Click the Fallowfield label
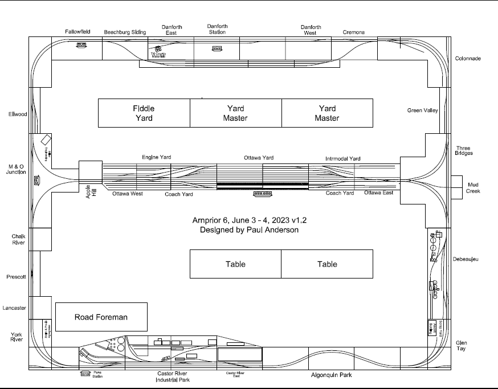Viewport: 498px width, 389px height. (77, 32)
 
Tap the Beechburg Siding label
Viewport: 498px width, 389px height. (125, 32)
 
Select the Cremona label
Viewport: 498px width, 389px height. (354, 32)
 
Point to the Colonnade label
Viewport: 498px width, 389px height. (468, 59)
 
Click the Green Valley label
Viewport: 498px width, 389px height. (422, 110)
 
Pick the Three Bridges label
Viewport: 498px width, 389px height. (464, 151)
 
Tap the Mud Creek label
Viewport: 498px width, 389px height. (473, 188)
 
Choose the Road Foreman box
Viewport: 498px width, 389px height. (101, 317)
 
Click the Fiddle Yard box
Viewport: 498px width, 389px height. (144, 113)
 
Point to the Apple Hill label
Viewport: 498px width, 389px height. (88, 193)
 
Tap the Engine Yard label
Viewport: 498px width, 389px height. (156, 157)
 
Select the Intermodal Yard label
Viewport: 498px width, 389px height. (342, 158)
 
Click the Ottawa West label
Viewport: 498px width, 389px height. (127, 194)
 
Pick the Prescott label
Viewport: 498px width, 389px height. (17, 277)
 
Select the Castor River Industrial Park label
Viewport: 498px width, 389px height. (173, 376)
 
